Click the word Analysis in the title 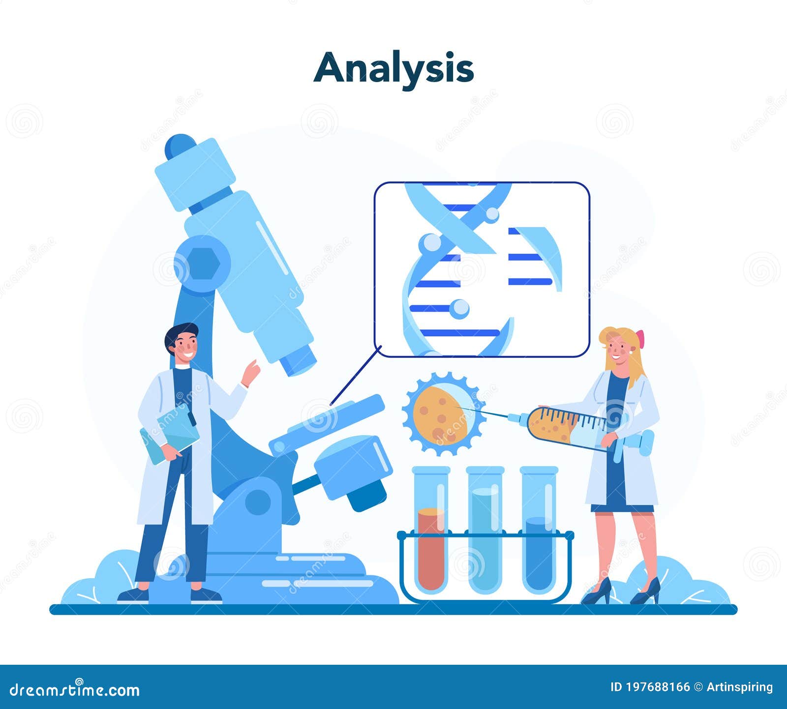(393, 68)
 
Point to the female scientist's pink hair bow (640, 339)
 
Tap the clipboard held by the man (170, 433)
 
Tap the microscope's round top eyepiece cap (180, 146)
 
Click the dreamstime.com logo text (74, 689)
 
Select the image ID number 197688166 (657, 687)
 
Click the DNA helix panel (482, 269)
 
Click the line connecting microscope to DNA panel (355, 375)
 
